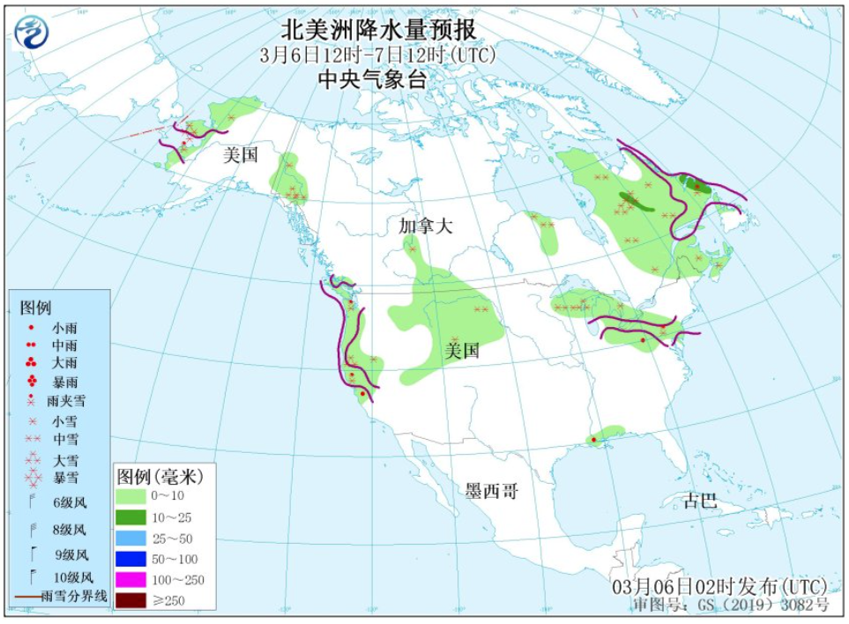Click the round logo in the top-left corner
pyautogui.click(x=32, y=33)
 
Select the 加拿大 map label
pyautogui.click(x=425, y=226)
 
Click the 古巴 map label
pyautogui.click(x=701, y=501)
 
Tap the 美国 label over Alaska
pyautogui.click(x=241, y=155)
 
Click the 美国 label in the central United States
pyautogui.click(x=462, y=351)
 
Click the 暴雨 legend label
pyautogui.click(x=64, y=382)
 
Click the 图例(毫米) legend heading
pyautogui.click(x=160, y=477)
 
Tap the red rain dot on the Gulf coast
pyautogui.click(x=594, y=439)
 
